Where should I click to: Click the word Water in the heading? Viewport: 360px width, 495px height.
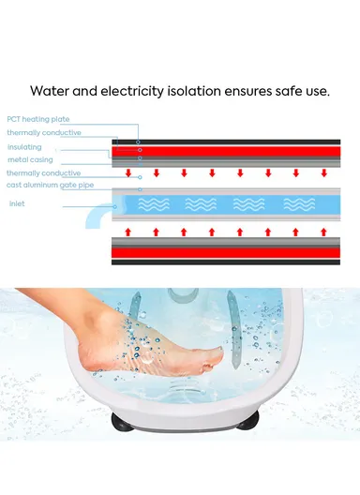[x=49, y=91]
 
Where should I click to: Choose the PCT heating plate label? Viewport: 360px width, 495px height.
[x=37, y=120]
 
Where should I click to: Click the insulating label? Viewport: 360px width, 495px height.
[x=23, y=147]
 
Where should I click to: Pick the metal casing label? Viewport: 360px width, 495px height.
[x=30, y=159]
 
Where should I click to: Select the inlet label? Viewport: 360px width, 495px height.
[x=17, y=202]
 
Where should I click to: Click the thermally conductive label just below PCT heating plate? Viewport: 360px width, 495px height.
[x=43, y=133]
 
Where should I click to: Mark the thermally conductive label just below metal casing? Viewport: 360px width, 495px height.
[x=43, y=173]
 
